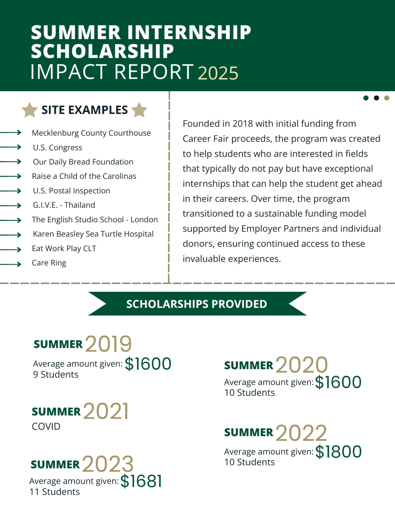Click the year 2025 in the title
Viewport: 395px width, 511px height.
click(x=218, y=73)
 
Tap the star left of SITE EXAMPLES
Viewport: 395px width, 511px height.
click(x=30, y=110)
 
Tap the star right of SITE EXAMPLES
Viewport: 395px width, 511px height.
click(x=139, y=110)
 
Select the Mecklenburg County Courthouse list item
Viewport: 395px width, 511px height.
click(x=91, y=133)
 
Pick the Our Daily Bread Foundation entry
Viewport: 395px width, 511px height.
click(x=83, y=162)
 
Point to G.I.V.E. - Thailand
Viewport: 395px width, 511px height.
click(x=64, y=205)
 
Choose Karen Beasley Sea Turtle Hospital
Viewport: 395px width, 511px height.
click(x=93, y=234)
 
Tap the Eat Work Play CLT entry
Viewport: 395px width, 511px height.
click(x=64, y=248)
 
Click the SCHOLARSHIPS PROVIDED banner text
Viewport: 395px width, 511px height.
click(x=197, y=304)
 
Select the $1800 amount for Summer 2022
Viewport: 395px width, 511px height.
click(x=339, y=452)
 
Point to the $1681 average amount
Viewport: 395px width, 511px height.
click(x=141, y=481)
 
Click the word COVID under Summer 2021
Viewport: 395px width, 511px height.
click(x=46, y=426)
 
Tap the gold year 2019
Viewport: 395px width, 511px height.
click(x=108, y=344)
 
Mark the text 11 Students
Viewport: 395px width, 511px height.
click(x=55, y=492)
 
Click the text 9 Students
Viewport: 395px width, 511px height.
click(x=56, y=375)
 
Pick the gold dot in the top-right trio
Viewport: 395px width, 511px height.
click(x=387, y=98)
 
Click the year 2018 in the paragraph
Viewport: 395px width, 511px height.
click(x=243, y=124)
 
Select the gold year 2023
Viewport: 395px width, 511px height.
click(x=108, y=464)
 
